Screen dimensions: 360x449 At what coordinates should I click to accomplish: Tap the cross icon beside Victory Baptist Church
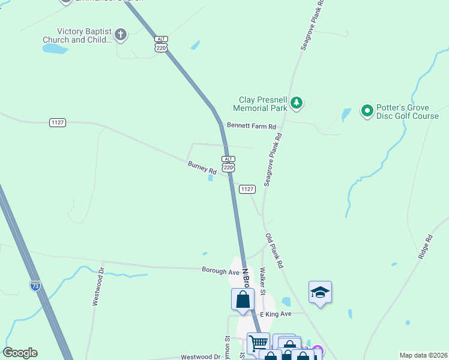(121, 34)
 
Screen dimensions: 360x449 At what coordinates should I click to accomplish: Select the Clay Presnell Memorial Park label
(260, 104)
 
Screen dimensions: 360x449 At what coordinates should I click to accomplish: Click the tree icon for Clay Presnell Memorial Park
(296, 104)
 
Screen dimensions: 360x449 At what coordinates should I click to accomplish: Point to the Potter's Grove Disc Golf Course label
(407, 111)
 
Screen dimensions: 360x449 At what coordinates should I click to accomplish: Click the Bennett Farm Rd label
(251, 127)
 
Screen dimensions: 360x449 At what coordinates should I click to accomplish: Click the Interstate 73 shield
(35, 286)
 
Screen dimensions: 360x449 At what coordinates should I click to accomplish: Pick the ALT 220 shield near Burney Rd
(228, 164)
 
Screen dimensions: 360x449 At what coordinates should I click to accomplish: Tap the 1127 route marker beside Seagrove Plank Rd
(247, 189)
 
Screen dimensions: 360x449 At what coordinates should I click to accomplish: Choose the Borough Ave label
(220, 271)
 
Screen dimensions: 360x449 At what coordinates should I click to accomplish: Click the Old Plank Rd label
(274, 250)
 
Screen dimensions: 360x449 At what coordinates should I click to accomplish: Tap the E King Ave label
(274, 314)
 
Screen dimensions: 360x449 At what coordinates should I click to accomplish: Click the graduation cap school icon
(320, 292)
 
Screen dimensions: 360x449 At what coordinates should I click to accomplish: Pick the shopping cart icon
(258, 343)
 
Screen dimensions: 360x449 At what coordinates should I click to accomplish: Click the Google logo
(20, 353)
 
